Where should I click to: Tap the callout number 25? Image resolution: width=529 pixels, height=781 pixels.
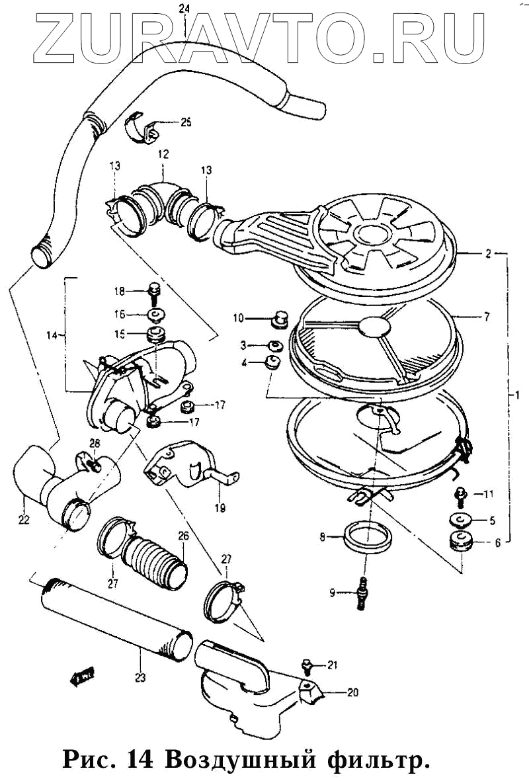pyautogui.click(x=186, y=122)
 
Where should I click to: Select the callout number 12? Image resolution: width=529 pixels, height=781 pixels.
pyautogui.click(x=163, y=154)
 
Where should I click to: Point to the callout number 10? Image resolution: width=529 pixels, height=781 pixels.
pyautogui.click(x=237, y=318)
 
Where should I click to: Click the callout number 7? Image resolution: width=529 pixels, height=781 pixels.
pyautogui.click(x=486, y=317)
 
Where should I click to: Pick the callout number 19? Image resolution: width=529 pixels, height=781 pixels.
pyautogui.click(x=220, y=509)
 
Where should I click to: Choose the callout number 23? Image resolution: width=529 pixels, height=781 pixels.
pyautogui.click(x=140, y=677)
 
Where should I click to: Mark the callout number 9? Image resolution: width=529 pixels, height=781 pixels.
pyautogui.click(x=333, y=593)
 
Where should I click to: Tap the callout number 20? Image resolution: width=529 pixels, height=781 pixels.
pyautogui.click(x=352, y=693)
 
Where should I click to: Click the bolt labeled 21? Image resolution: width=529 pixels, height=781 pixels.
pyautogui.click(x=307, y=664)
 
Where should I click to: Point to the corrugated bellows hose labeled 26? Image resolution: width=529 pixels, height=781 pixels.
pyautogui.click(x=157, y=561)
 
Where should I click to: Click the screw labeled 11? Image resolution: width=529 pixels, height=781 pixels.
pyautogui.click(x=458, y=494)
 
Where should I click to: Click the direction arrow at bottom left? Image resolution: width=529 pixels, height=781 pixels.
pyautogui.click(x=81, y=677)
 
